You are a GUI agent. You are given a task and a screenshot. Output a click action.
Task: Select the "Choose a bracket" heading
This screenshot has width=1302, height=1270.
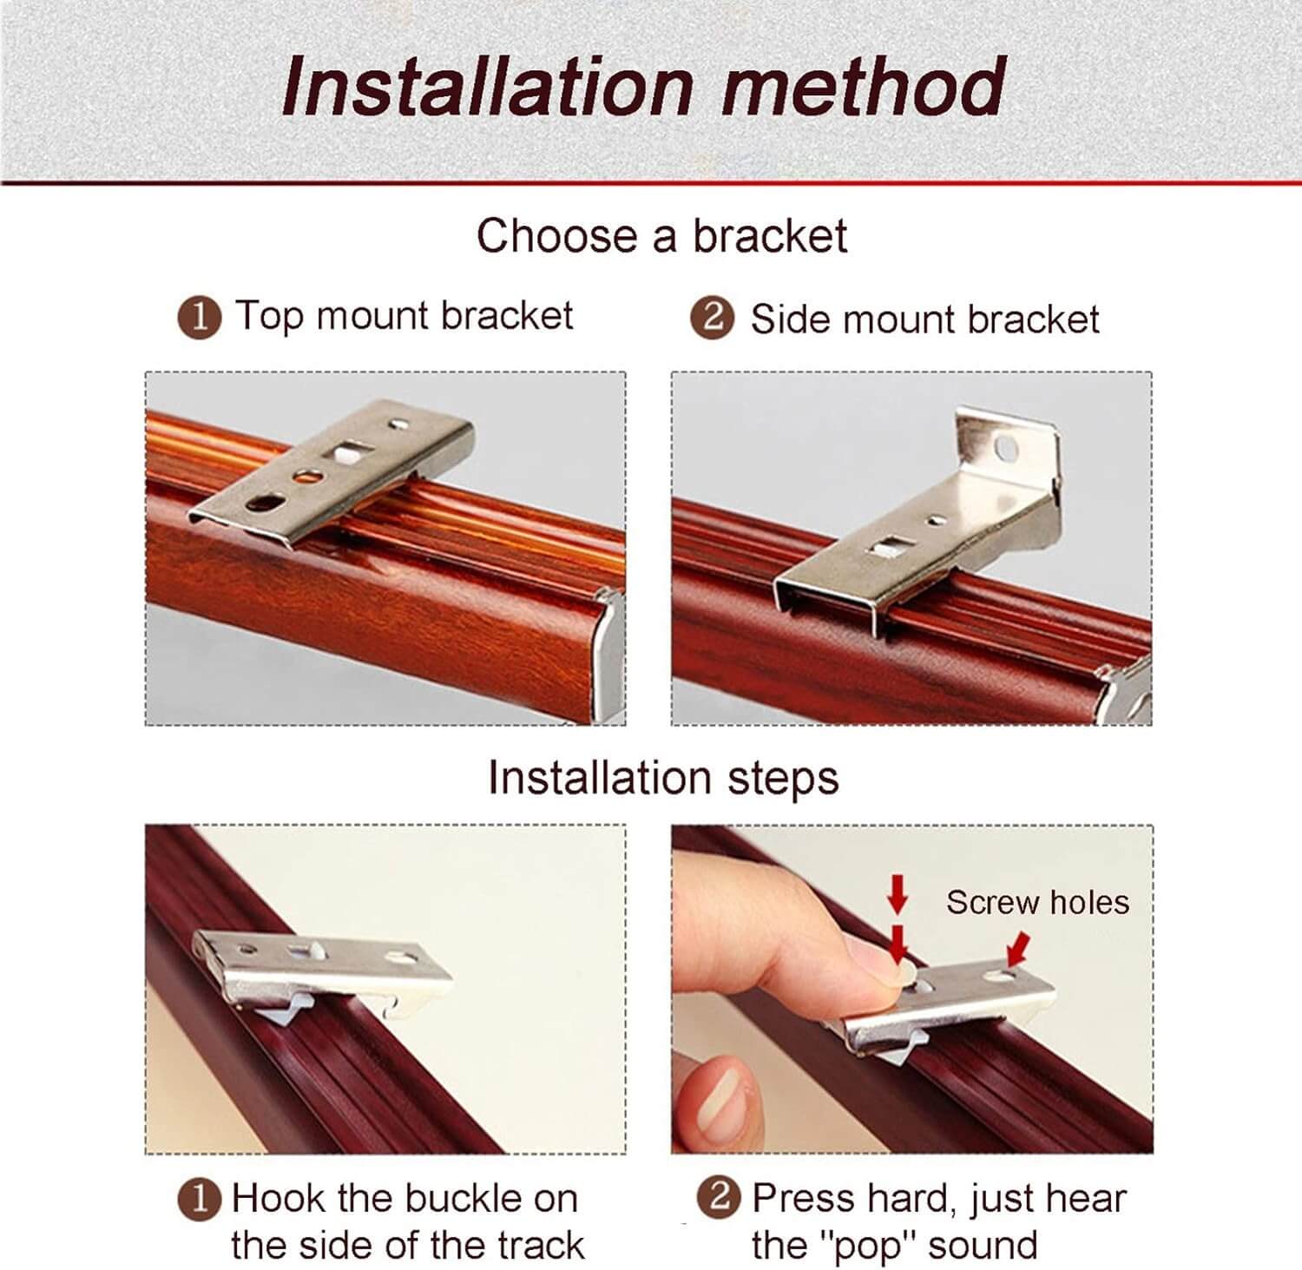(x=661, y=236)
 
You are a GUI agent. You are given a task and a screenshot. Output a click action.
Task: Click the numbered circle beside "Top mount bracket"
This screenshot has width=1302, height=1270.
(x=199, y=317)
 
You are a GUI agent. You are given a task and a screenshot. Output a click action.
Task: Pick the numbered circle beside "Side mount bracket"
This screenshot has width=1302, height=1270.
(x=712, y=319)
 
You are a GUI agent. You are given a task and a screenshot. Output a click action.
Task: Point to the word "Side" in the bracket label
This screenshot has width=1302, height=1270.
(x=791, y=319)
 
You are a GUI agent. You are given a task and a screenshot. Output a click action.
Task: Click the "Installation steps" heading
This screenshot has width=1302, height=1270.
(x=663, y=777)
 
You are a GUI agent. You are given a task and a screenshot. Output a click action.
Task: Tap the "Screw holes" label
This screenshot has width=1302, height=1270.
(x=1037, y=902)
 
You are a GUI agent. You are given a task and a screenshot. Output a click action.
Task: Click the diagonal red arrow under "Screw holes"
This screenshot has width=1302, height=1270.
(x=1018, y=948)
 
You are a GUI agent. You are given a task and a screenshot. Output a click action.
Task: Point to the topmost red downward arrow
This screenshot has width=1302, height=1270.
(x=898, y=892)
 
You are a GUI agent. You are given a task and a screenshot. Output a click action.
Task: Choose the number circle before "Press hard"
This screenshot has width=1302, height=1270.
(x=719, y=1198)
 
